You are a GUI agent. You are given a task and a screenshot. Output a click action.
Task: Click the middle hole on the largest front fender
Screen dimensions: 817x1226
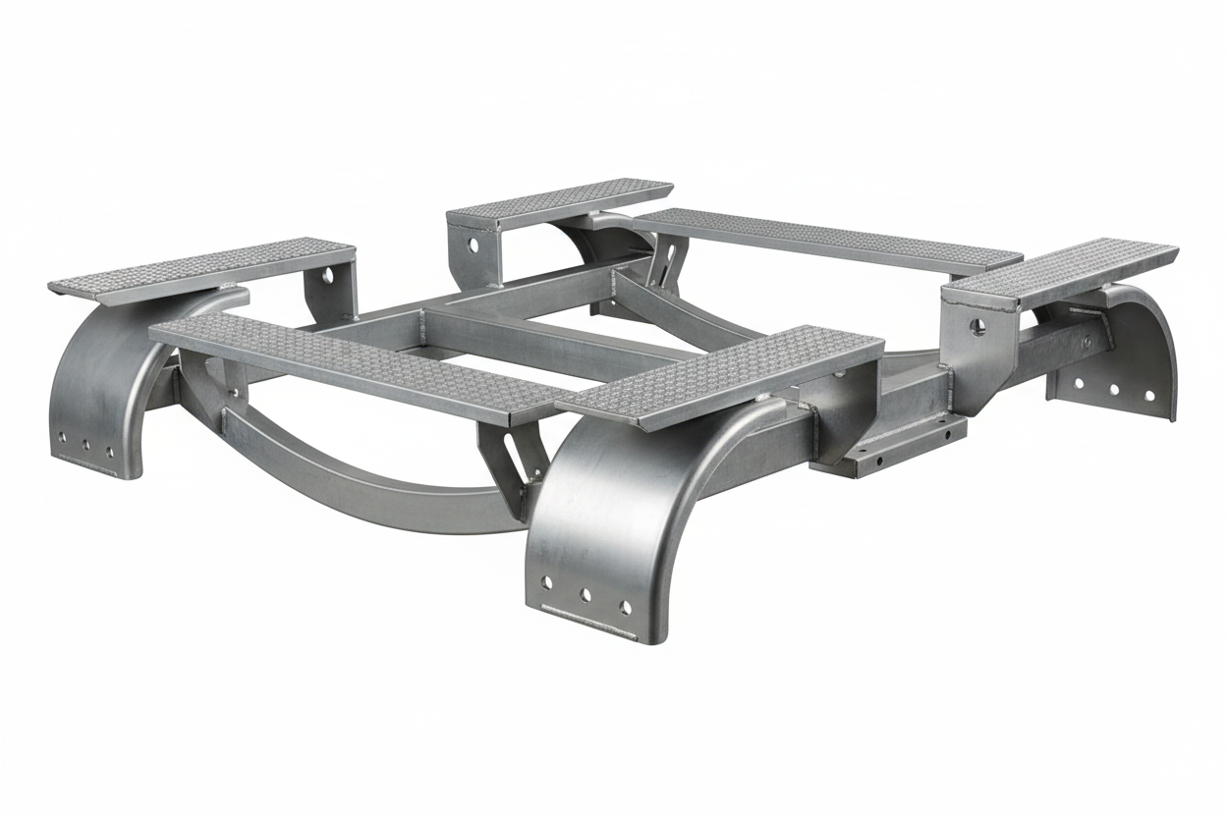[585, 594]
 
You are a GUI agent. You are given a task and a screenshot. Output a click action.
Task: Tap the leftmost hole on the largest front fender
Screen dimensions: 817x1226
[546, 583]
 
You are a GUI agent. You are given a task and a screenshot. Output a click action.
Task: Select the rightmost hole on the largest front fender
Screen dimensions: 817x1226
[625, 607]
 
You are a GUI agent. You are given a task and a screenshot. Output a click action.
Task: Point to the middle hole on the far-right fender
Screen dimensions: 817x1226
[1113, 389]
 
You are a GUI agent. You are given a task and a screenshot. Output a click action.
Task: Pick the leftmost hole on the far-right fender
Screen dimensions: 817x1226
[1078, 383]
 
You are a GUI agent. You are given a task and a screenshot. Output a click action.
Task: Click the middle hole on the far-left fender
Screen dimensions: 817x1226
[85, 445]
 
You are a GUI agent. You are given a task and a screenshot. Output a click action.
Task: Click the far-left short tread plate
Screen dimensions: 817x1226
[201, 267]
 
